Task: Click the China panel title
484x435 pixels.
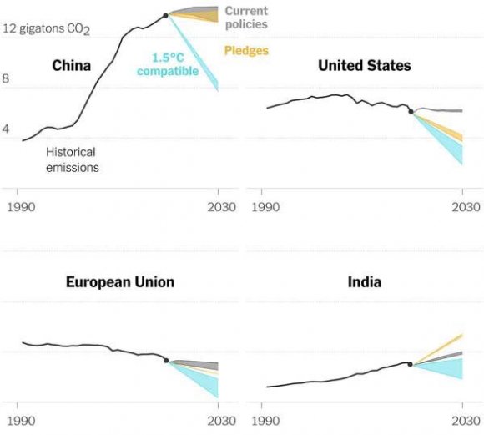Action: click(x=71, y=66)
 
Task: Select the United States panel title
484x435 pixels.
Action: click(x=364, y=66)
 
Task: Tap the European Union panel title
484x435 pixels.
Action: click(x=120, y=282)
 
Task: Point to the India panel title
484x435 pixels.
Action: click(x=364, y=282)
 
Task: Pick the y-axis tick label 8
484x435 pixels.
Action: click(x=6, y=79)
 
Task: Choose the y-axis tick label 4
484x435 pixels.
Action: click(x=6, y=129)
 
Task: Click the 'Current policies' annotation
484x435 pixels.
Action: click(x=246, y=18)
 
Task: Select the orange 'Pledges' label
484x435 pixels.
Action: click(x=246, y=51)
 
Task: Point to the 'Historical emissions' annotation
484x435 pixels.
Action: click(x=72, y=159)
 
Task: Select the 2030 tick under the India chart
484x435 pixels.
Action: click(x=462, y=422)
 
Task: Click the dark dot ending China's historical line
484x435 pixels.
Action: click(x=166, y=15)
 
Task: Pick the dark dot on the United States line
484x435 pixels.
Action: click(x=411, y=111)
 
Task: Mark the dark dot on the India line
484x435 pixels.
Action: click(x=411, y=364)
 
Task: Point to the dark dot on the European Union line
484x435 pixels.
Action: click(x=166, y=361)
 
